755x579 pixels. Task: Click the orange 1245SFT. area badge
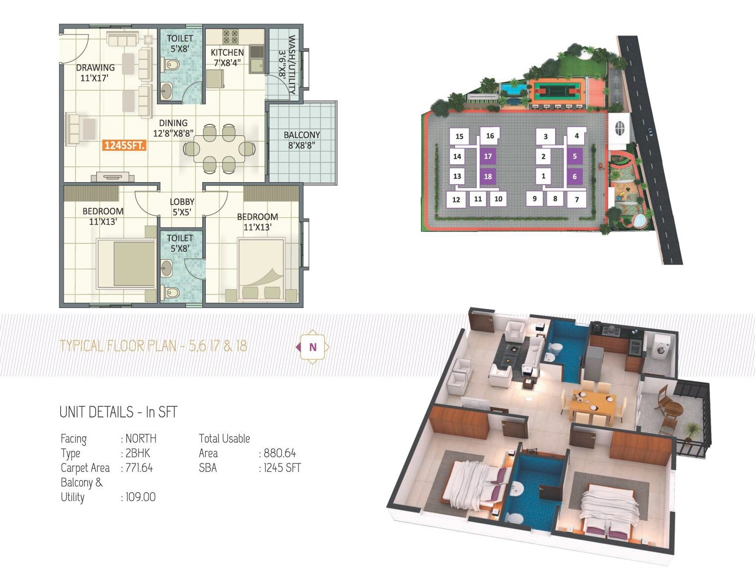(124, 146)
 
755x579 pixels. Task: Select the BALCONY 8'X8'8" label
(302, 140)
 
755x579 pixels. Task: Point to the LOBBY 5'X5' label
(182, 207)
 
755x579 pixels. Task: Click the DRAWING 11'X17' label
(95, 73)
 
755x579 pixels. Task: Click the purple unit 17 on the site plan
(488, 156)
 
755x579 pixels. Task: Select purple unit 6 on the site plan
(574, 176)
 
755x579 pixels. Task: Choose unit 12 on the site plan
(456, 199)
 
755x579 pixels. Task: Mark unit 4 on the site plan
(576, 136)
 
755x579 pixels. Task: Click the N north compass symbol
(312, 347)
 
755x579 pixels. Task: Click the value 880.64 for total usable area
(280, 453)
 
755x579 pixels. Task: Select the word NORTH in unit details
(141, 438)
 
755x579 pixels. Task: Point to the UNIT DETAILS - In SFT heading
(118, 412)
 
